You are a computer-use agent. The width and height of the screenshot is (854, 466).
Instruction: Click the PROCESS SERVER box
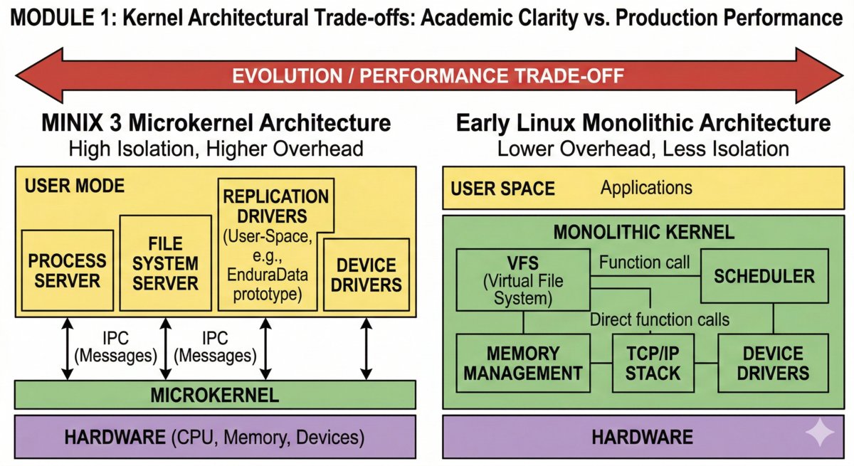67,270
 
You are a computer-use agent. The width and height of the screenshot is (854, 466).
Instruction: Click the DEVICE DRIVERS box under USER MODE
367,275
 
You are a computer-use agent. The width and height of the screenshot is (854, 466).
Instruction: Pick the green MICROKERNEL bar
215,394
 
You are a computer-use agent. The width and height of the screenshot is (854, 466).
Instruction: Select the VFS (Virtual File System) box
522,280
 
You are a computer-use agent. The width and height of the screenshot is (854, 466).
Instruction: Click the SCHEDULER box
764,276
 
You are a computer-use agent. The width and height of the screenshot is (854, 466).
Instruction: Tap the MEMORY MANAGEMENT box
523,363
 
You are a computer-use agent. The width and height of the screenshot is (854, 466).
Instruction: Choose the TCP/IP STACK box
653,363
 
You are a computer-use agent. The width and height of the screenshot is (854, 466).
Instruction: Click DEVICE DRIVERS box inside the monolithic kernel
772,363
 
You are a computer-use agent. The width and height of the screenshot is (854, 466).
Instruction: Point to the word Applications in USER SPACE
645,188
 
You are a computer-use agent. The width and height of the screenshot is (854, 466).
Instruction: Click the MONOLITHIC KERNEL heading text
644,232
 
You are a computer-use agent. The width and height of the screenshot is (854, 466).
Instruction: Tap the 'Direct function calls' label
659,319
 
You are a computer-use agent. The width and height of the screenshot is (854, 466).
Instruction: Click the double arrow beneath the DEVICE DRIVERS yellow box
367,349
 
